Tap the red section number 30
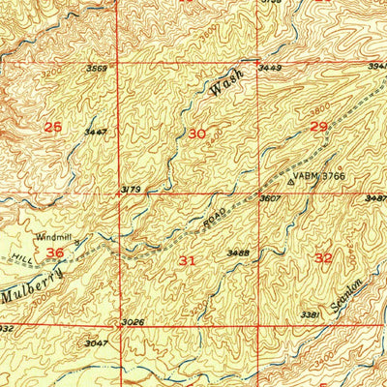[x=196, y=134]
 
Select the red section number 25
[x=53, y=127]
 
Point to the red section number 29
[x=317, y=127]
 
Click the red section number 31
[x=188, y=260]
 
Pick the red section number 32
[x=323, y=258]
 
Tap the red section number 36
[x=55, y=253]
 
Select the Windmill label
[x=54, y=235]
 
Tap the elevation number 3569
[x=96, y=69]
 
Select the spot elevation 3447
[x=95, y=131]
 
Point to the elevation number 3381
[x=311, y=314]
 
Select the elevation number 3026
[x=133, y=321]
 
